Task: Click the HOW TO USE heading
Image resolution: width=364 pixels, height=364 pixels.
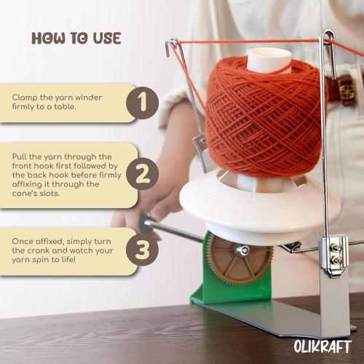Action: point(76,38)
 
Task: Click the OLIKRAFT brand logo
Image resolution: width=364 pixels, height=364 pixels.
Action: point(323,346)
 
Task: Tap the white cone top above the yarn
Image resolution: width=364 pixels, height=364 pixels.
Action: point(269,60)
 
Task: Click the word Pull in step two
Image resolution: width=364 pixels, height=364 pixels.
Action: point(21,157)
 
